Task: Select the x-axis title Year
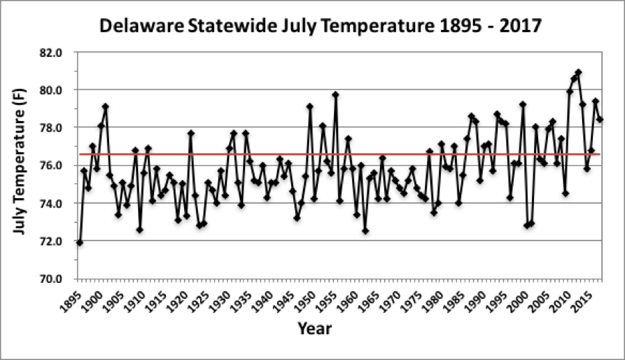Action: point(315,328)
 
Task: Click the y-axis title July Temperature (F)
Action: point(21,165)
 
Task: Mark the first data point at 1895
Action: point(80,243)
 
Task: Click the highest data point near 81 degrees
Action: point(578,72)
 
